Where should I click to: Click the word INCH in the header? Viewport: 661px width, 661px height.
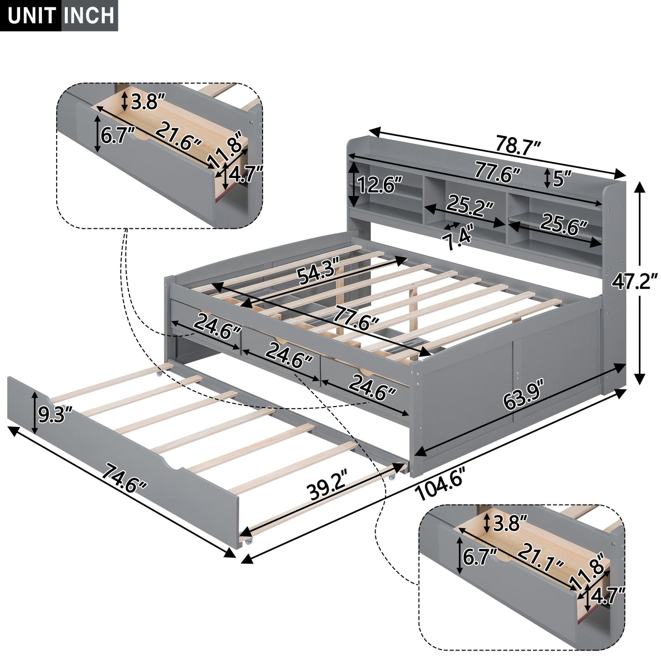tap(89, 16)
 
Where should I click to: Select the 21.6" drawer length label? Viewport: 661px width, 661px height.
tap(178, 136)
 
